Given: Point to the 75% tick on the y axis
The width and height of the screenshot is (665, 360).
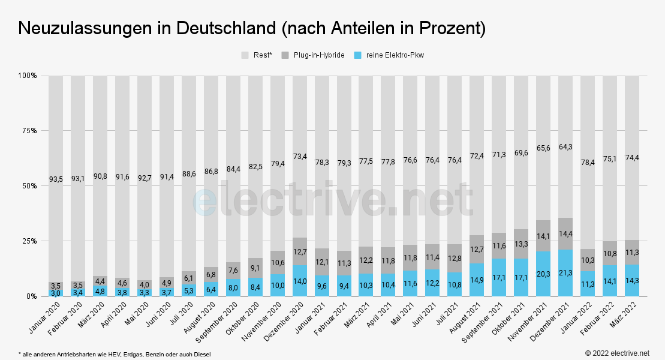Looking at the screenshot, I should coord(28,131).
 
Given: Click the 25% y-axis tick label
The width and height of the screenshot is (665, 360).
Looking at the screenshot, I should coord(28,241).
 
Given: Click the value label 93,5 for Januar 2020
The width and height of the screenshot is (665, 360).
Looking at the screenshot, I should coord(56,178).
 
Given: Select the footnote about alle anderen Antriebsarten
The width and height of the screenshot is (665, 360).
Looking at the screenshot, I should coord(115,355).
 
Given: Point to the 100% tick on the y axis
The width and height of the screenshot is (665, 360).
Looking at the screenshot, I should coord(26,76).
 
